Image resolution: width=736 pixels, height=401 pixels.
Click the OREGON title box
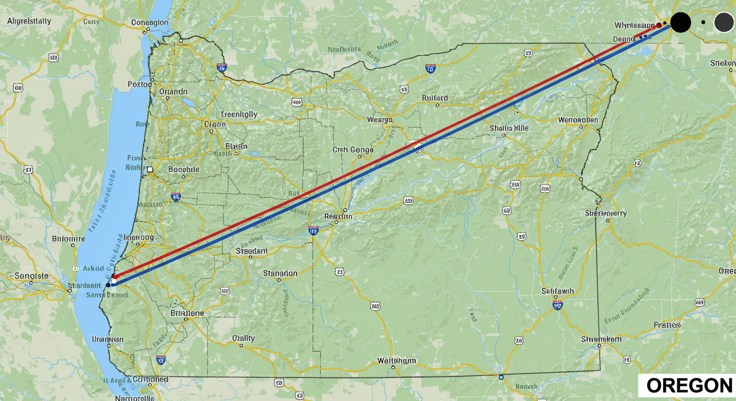coord(689,386)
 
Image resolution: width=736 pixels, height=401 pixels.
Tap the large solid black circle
coord(681,23)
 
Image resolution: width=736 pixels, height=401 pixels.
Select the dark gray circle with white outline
coord(724,22)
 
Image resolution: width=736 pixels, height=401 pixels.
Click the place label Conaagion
coord(149,22)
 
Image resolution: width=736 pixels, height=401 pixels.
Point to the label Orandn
coord(172,91)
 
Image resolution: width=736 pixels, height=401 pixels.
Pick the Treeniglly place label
coord(239,114)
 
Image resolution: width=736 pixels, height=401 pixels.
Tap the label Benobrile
coord(184,170)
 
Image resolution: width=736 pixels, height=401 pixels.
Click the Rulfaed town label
coord(435,98)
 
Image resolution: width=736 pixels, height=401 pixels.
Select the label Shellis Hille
coord(509,128)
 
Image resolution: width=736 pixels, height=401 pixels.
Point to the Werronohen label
coord(578,120)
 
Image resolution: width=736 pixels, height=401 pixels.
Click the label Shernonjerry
coord(606,213)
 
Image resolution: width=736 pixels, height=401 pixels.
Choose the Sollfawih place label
coord(558,291)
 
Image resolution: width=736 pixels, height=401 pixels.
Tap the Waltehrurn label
coord(397,361)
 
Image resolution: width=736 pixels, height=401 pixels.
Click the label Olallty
coord(243,338)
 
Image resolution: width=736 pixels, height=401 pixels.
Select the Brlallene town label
coord(187,313)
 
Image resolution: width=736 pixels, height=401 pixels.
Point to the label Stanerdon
coord(280,273)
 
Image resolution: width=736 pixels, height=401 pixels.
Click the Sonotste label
coord(31,276)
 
